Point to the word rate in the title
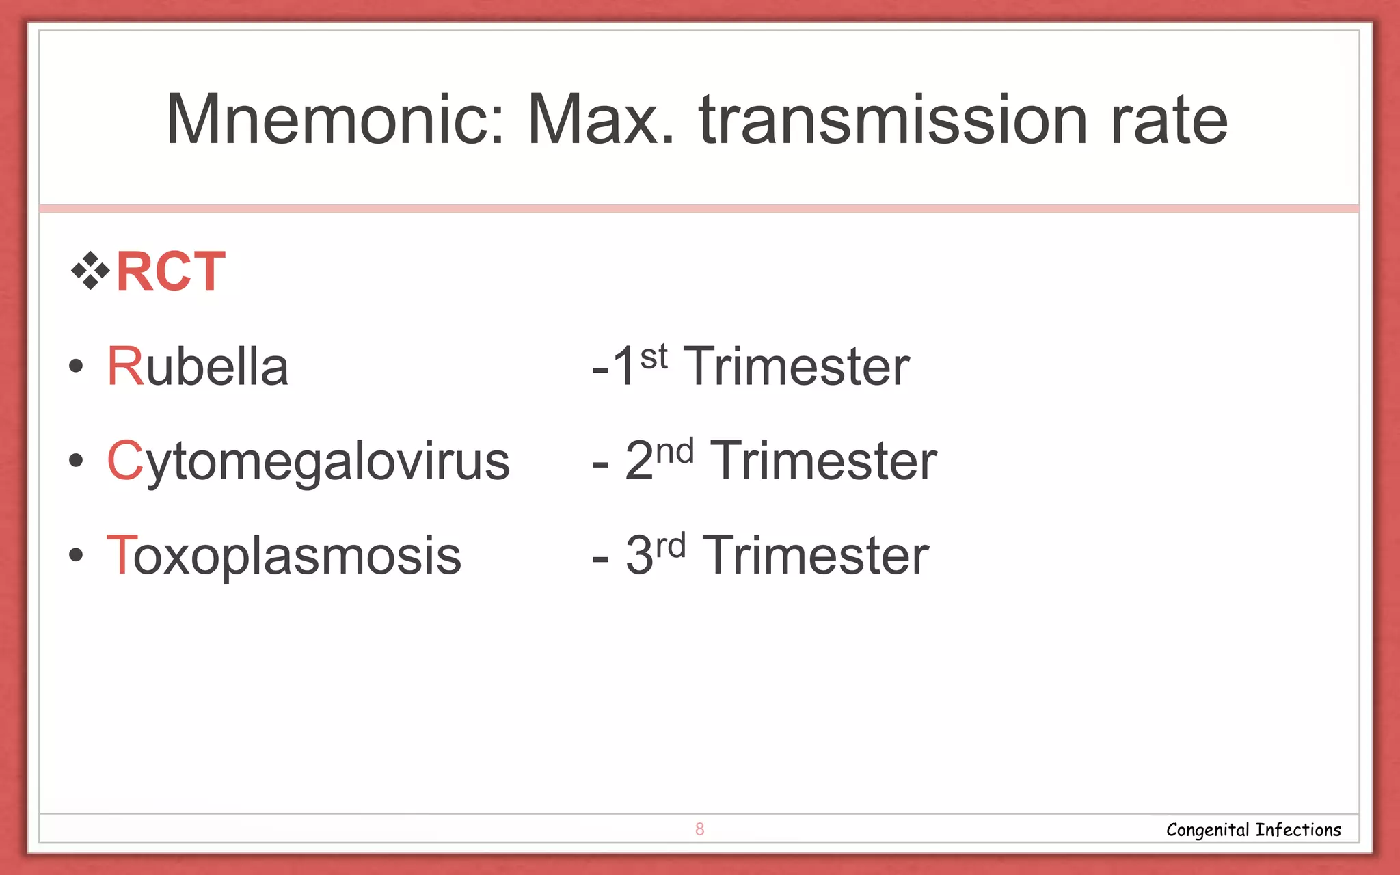[1169, 122]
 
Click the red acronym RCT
[170, 271]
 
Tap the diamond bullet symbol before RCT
[90, 271]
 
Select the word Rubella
[198, 366]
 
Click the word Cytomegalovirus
[308, 461]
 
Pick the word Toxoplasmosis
[284, 555]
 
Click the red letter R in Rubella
[124, 366]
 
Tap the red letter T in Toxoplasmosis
[121, 555]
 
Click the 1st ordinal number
[639, 365]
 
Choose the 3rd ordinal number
[655, 554]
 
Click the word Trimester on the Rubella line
[797, 366]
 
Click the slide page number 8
[699, 829]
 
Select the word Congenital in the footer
[1207, 830]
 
